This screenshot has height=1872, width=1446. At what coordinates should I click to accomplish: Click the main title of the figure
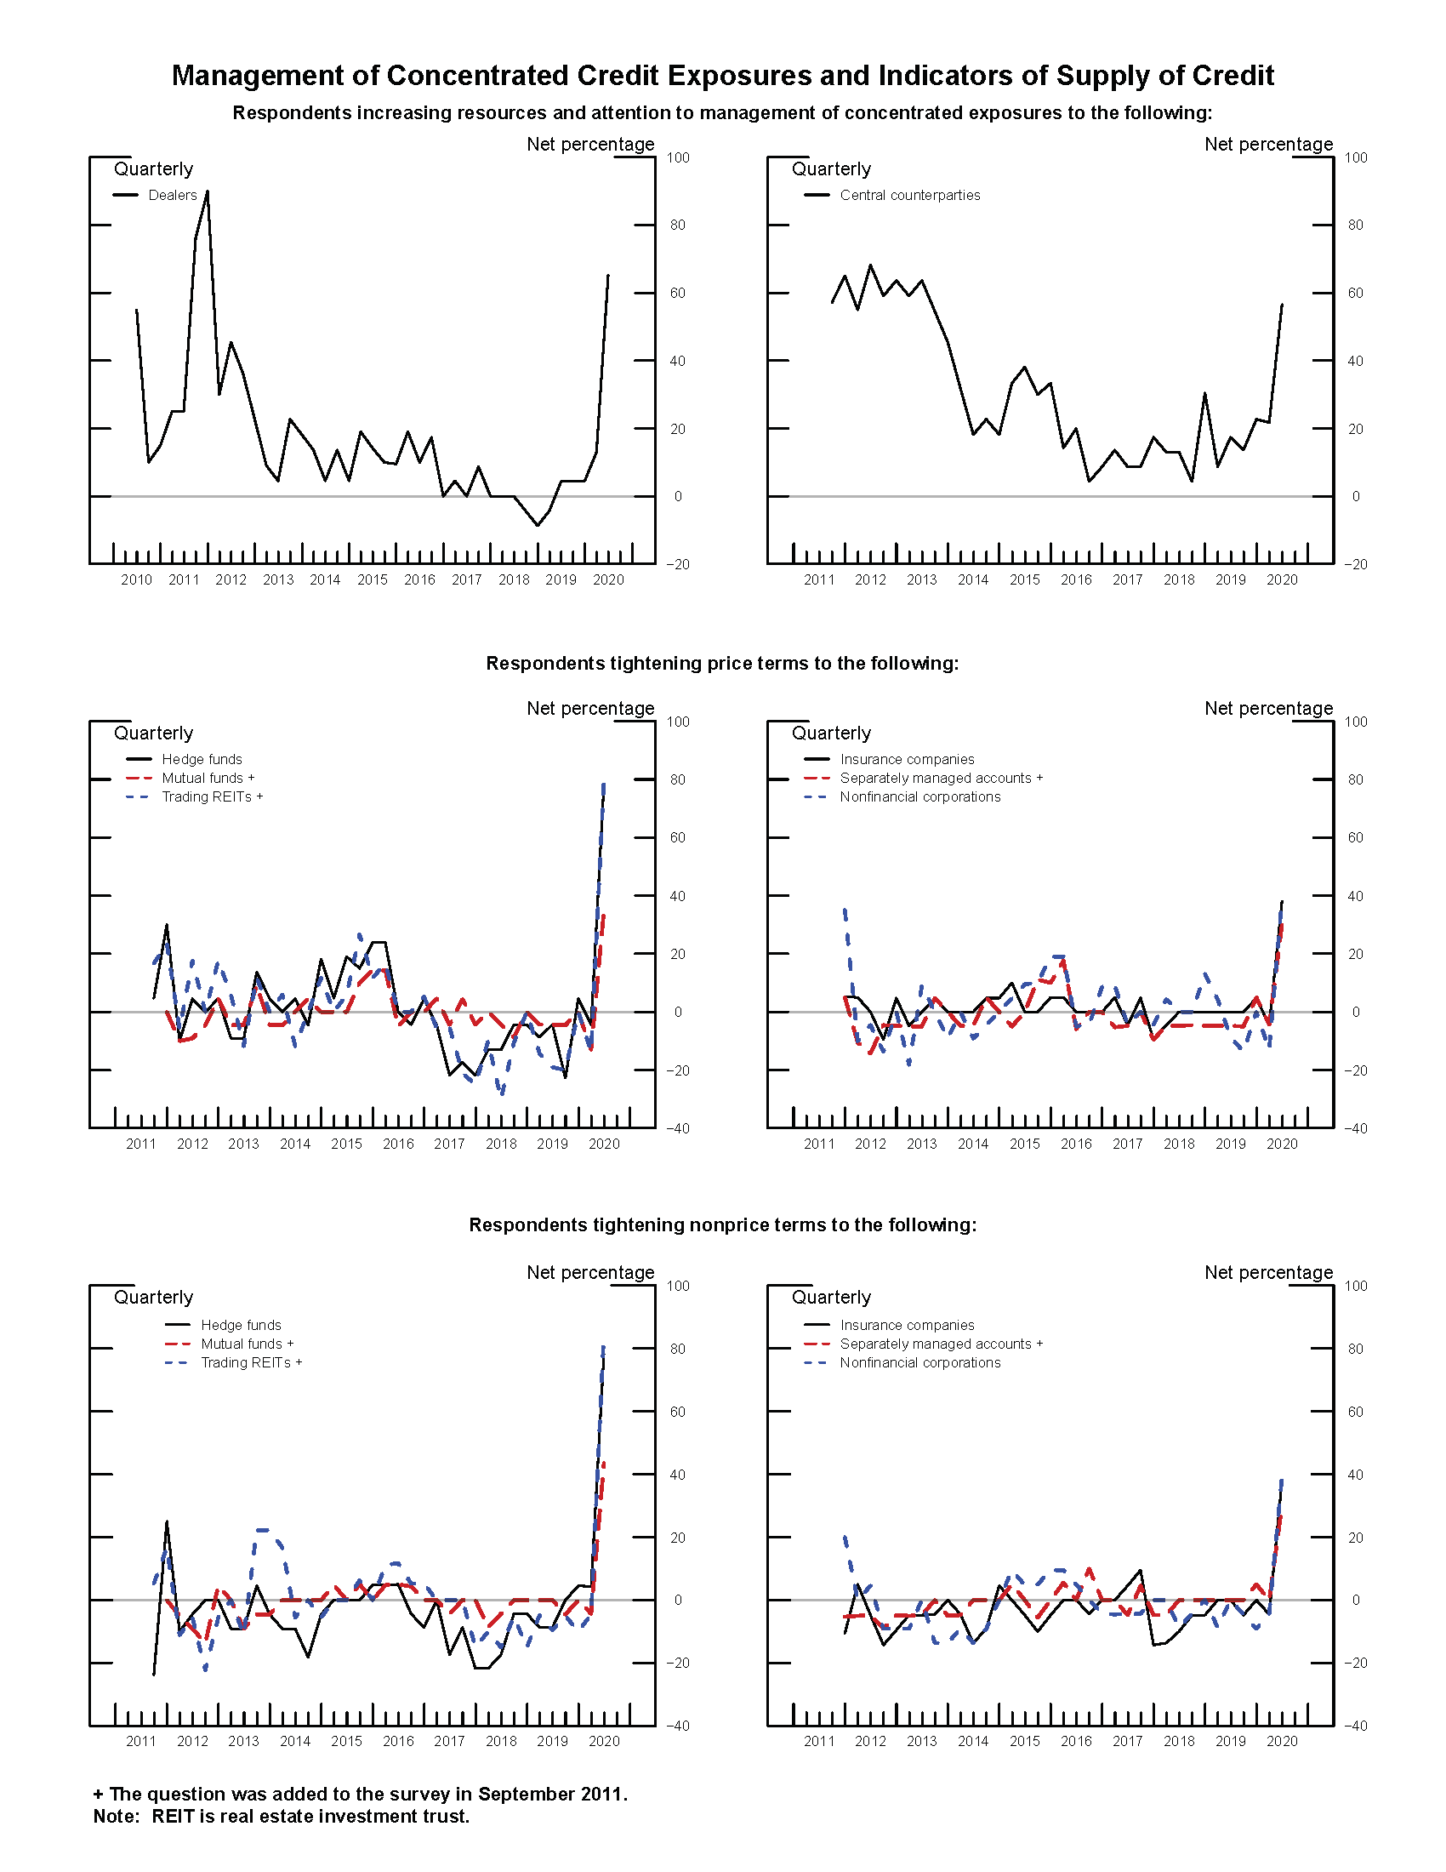click(722, 76)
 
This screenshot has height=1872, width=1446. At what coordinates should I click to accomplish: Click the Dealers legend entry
click(172, 196)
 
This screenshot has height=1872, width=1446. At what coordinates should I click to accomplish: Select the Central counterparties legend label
click(910, 196)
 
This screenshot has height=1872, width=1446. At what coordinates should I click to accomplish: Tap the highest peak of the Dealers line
click(208, 192)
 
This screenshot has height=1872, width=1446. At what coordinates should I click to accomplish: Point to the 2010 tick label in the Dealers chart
click(136, 580)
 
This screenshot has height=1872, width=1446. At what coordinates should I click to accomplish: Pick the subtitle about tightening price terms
click(722, 664)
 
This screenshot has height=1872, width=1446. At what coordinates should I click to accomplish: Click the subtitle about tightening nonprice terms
click(722, 1224)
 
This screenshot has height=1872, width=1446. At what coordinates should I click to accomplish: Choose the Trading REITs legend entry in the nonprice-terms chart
click(251, 1363)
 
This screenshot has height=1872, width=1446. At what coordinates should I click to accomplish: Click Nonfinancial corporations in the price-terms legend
click(920, 797)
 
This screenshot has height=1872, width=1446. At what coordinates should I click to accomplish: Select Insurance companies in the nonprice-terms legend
click(908, 1325)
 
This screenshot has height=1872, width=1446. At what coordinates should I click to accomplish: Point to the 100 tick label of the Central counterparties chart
click(1356, 157)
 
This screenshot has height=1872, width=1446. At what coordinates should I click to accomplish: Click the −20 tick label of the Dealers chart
click(677, 565)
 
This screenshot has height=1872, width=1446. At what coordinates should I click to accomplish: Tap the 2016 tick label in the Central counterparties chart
click(1076, 580)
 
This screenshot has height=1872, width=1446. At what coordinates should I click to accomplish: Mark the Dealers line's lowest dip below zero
click(537, 524)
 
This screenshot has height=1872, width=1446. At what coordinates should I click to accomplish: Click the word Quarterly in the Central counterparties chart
click(831, 168)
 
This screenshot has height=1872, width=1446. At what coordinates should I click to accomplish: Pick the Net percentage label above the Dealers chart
click(590, 144)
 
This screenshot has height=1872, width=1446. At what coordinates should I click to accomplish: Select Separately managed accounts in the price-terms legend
click(941, 779)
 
